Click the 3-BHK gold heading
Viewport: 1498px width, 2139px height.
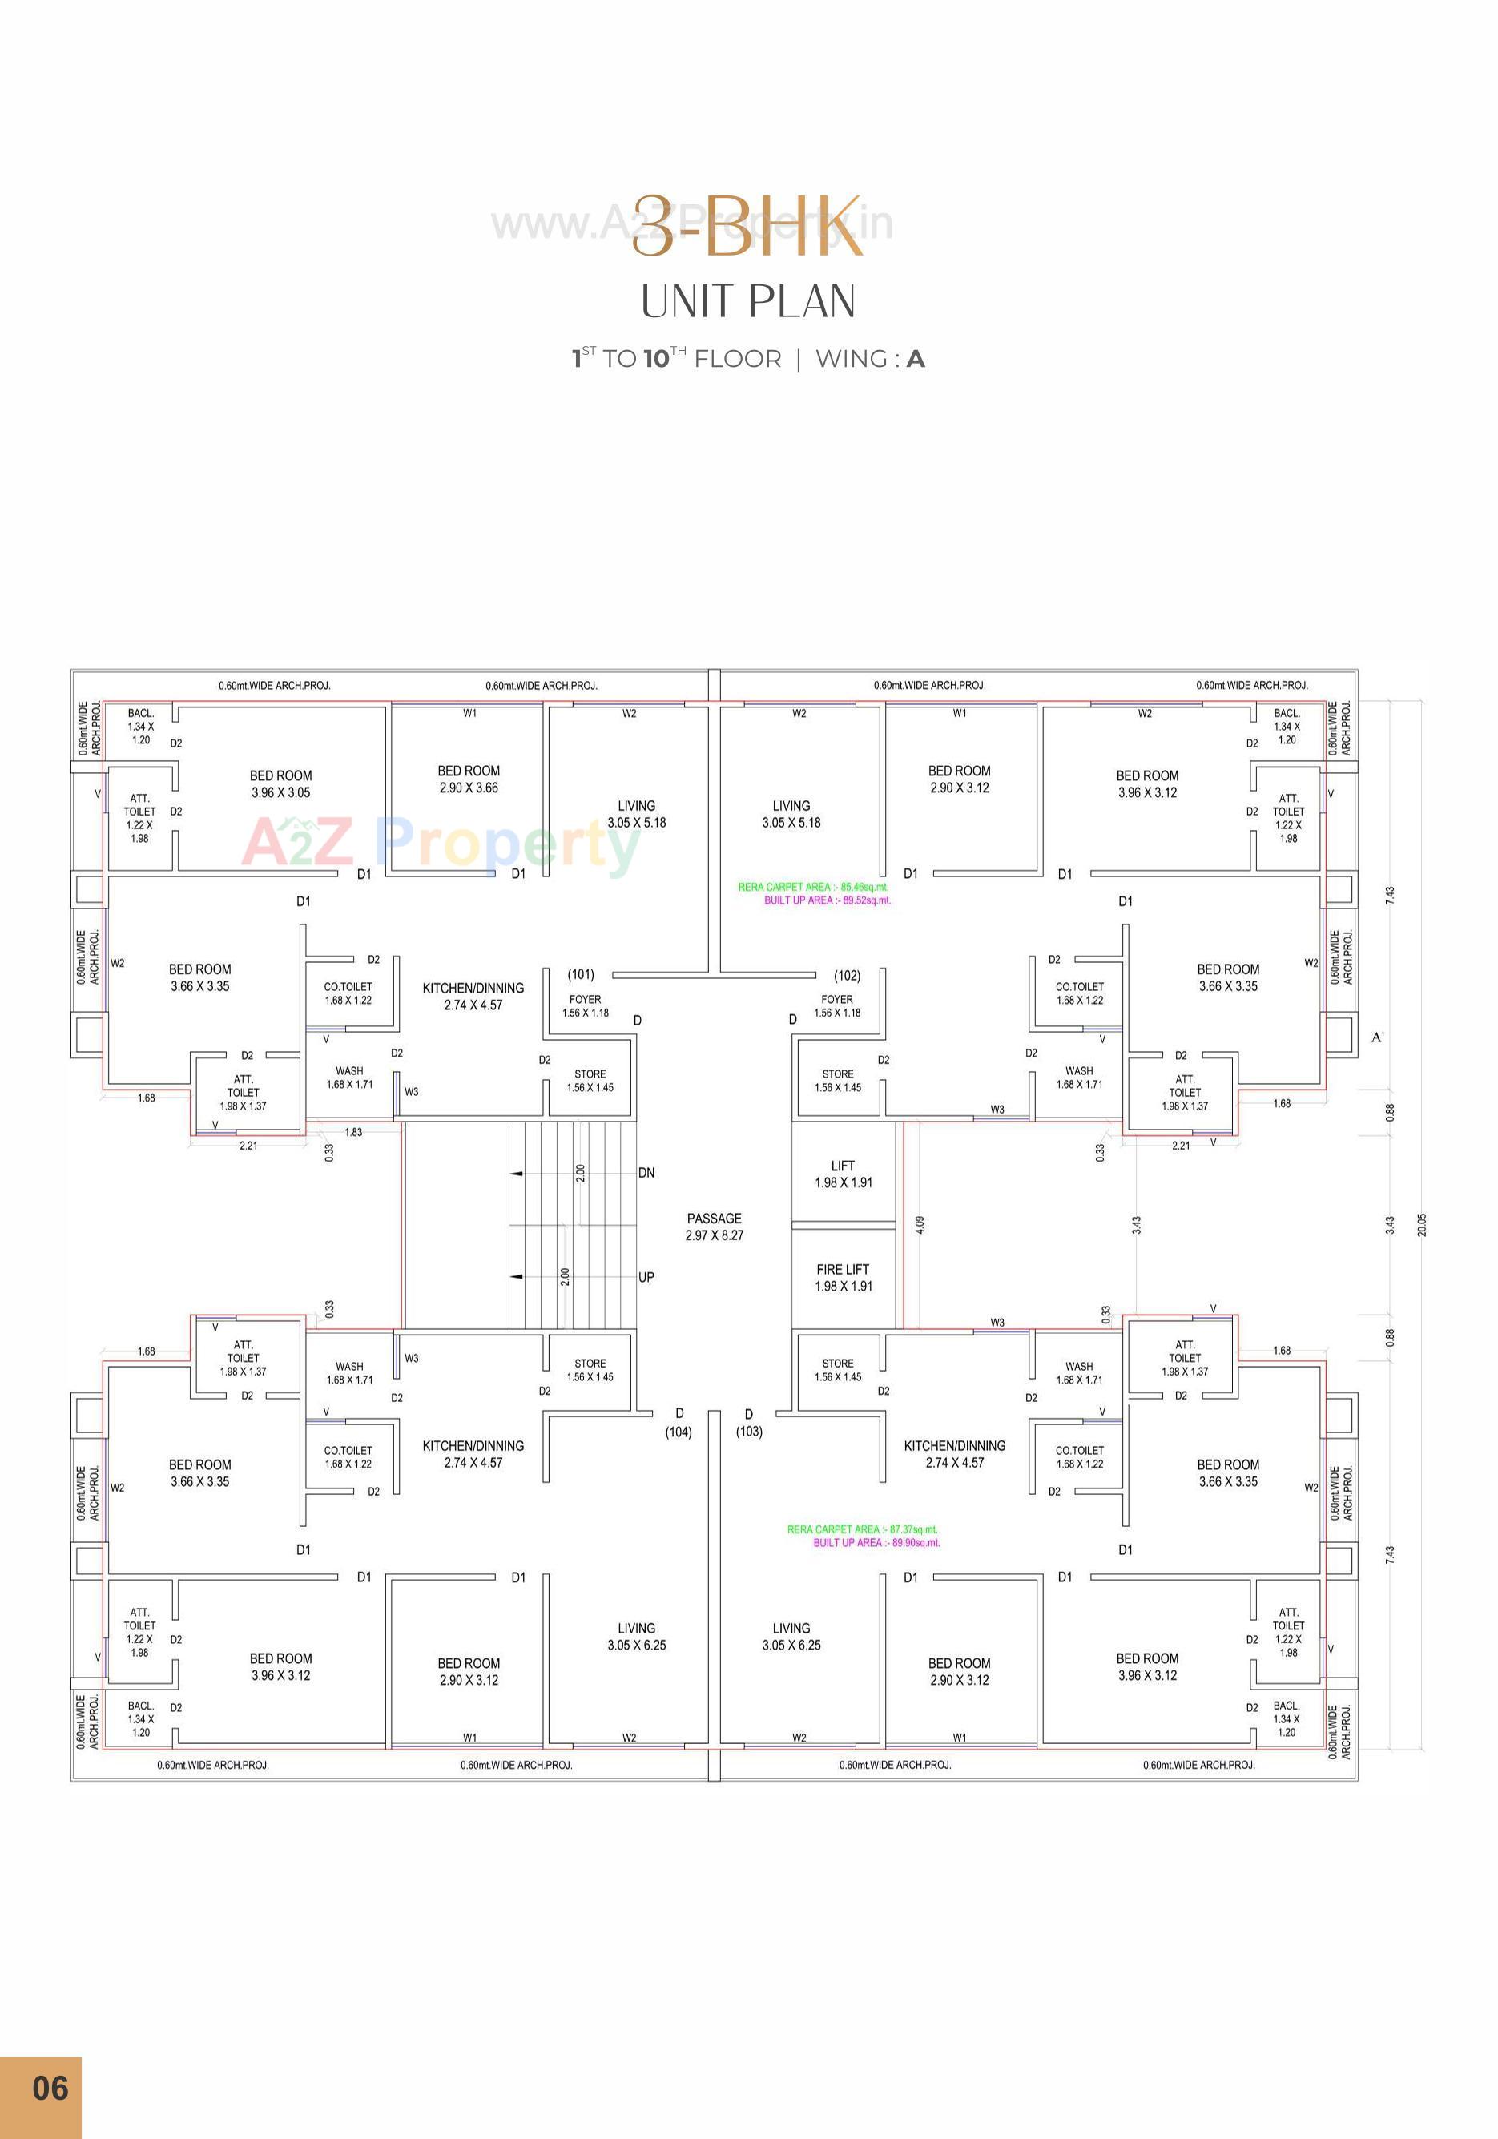coord(747,227)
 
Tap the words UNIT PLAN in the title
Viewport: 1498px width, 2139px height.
coord(748,302)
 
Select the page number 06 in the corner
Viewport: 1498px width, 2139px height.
coord(50,2088)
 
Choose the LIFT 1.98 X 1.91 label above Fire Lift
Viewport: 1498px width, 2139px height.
coord(843,1174)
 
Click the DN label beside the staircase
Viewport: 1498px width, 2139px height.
coord(646,1173)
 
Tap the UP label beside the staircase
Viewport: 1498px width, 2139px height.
coord(646,1277)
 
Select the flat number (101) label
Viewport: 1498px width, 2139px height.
coord(582,974)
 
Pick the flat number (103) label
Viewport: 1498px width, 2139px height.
coord(749,1431)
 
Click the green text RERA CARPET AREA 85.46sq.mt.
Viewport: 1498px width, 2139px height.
coord(813,887)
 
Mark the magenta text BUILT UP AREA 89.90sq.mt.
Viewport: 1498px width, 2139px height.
coord(876,1543)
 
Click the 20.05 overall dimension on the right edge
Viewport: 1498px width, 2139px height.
coord(1422,1225)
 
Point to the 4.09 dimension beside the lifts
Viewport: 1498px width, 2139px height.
coord(920,1225)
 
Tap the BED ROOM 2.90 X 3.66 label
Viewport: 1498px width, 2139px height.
coord(469,779)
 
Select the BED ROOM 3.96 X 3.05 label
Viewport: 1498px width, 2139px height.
coord(280,783)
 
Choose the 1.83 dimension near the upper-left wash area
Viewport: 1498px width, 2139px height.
coord(353,1132)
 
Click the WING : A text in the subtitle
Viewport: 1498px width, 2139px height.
coord(870,359)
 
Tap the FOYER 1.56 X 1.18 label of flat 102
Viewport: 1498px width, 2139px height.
coord(836,1005)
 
